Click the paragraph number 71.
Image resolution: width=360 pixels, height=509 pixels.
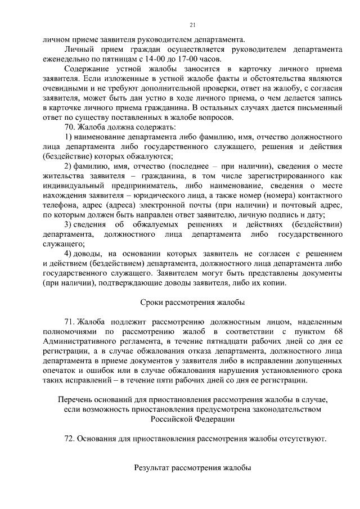point(70,322)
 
